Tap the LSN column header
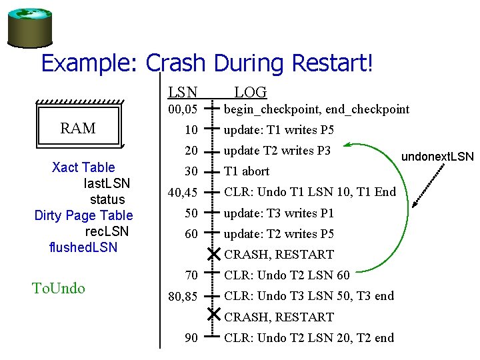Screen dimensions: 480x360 tap(183, 93)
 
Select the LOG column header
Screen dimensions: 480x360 tap(251, 93)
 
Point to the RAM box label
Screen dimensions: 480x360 tap(78, 128)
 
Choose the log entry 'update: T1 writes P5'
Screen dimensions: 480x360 tap(279, 130)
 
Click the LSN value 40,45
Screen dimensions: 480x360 tap(182, 193)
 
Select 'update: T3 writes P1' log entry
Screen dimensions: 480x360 tap(279, 213)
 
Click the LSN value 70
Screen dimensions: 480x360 tap(191, 275)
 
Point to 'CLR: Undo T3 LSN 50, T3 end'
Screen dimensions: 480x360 tap(309, 296)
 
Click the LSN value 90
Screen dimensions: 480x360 tap(191, 338)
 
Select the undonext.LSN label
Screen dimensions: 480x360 tap(437, 157)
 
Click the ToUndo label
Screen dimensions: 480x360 tap(59, 288)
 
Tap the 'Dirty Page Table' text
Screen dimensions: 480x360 tap(83, 215)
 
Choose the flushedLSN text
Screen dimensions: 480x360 tap(83, 247)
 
